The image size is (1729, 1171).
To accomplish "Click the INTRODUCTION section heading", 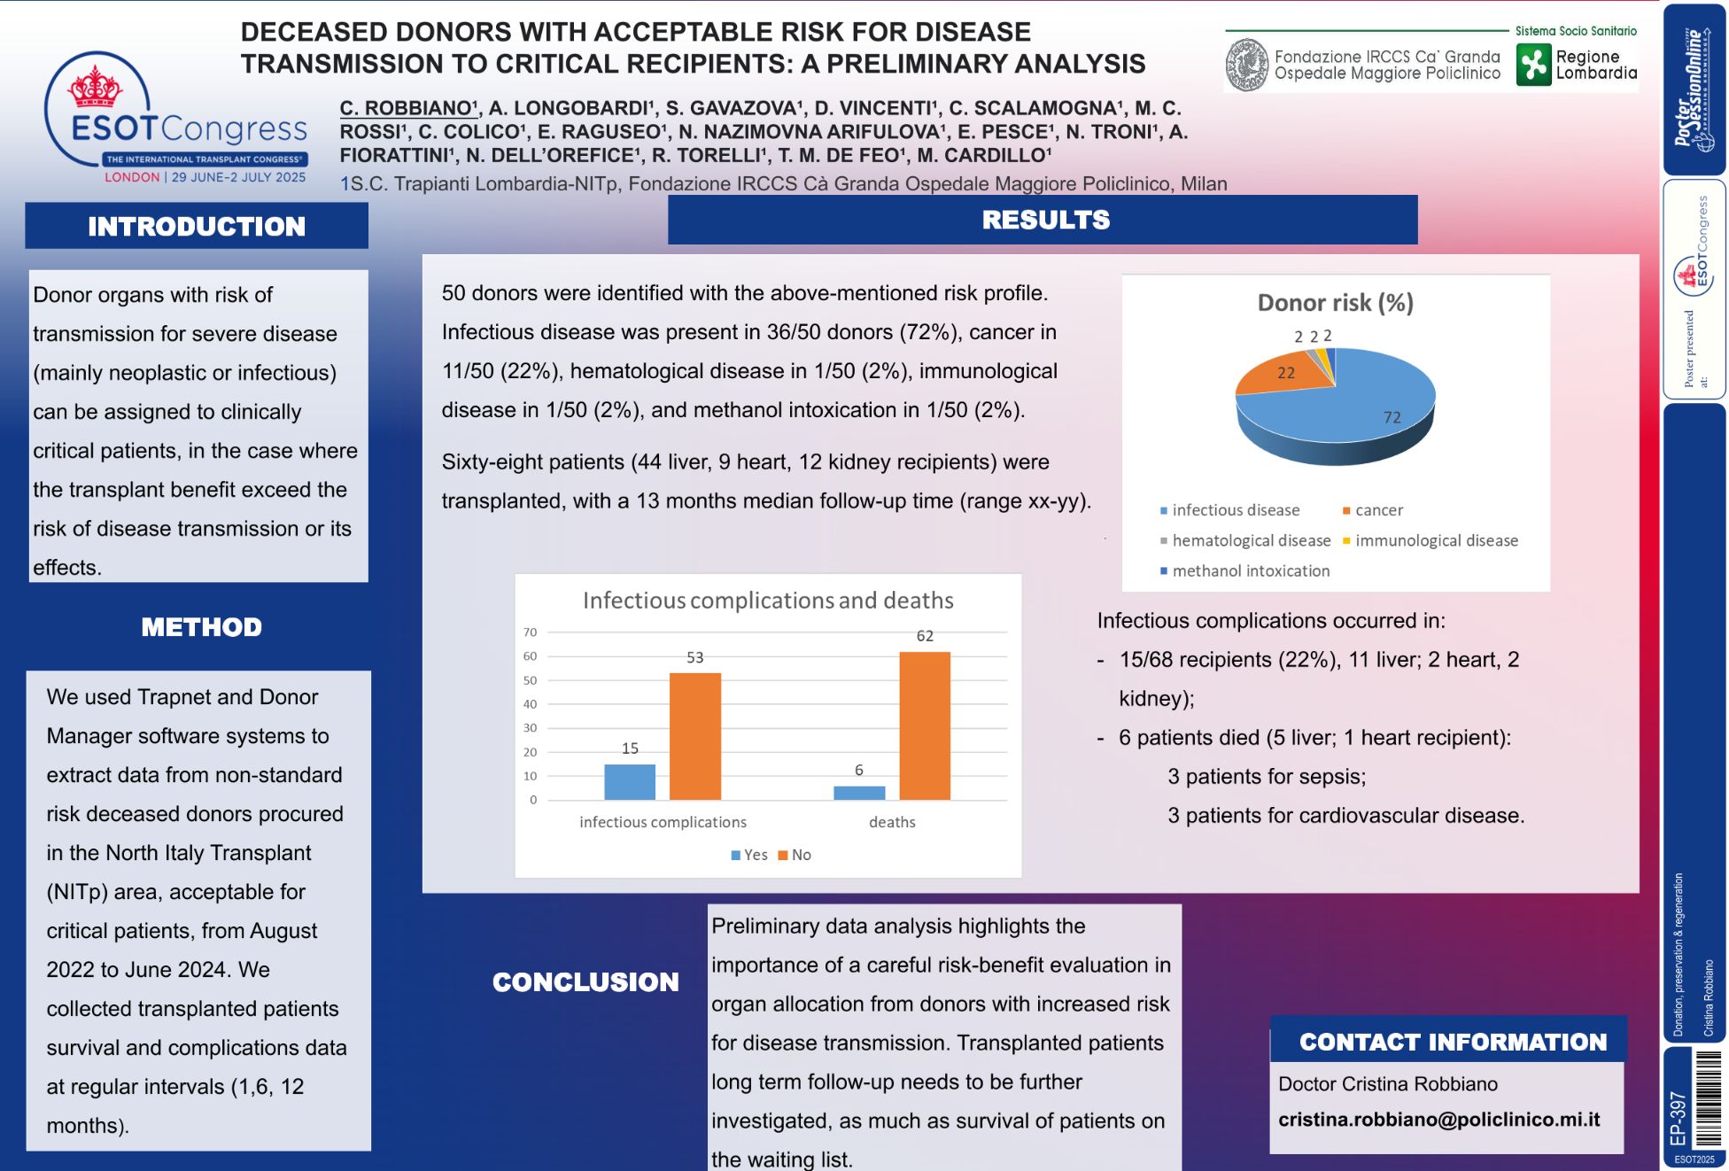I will point(196,227).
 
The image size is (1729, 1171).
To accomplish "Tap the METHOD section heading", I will point(201,627).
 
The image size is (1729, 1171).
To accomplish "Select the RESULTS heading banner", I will point(1045,220).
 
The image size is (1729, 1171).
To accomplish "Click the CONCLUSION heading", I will point(585,981).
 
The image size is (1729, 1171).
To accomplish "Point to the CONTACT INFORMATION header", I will point(1452,1042).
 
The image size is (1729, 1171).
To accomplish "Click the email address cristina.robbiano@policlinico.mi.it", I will point(1438,1120).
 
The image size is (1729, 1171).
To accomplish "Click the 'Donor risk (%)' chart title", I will point(1335,303).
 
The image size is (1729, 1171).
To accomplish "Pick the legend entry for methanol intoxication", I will point(1250,571).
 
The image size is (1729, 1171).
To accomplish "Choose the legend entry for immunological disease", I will point(1435,540).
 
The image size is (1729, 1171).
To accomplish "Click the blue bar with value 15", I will point(630,782).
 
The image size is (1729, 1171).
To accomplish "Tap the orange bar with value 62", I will point(925,726).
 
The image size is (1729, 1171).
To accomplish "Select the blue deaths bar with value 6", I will point(859,793).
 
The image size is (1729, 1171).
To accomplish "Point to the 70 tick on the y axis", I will point(530,632).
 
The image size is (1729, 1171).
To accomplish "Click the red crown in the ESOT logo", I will point(95,86).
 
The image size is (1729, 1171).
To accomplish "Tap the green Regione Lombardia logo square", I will point(1533,65).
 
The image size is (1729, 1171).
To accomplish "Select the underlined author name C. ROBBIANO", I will point(407,108).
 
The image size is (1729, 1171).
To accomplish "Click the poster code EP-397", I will point(1678,1118).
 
